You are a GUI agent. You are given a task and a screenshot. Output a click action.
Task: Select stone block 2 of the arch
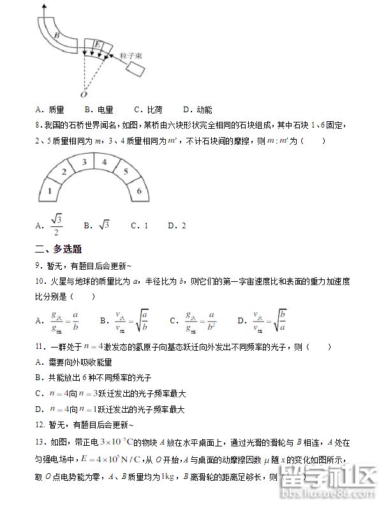(x=63, y=172)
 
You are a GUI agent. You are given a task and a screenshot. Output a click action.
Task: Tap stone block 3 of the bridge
(x=83, y=163)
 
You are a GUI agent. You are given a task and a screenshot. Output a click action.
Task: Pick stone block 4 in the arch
(x=104, y=163)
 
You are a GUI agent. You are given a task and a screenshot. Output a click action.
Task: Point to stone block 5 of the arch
(x=125, y=172)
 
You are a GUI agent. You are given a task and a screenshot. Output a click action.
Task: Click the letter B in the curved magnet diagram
(x=57, y=36)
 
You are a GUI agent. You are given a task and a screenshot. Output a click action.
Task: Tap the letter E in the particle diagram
(x=97, y=44)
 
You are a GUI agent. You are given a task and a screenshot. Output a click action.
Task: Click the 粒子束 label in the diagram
(x=131, y=56)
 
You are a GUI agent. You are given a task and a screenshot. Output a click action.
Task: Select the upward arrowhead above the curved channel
(x=43, y=5)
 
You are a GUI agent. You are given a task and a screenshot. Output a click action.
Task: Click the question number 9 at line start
(x=39, y=265)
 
